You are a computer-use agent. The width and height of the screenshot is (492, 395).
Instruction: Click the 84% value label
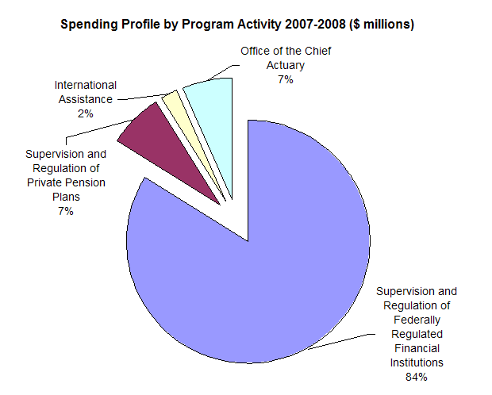(416, 377)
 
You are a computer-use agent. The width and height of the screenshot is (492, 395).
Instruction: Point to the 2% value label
(85, 113)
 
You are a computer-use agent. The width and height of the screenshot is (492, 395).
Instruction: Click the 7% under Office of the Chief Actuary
(285, 80)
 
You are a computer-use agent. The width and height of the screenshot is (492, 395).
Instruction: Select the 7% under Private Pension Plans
(65, 211)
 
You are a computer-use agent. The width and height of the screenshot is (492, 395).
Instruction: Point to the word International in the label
(85, 85)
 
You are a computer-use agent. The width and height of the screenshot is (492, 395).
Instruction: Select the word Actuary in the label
(285, 66)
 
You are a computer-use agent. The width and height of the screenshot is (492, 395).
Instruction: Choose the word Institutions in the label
(416, 362)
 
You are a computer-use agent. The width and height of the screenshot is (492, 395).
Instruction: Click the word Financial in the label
(416, 348)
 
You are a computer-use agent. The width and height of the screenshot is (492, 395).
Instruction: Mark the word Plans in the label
(65, 197)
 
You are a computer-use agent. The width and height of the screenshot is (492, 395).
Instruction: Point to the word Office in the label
(256, 52)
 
